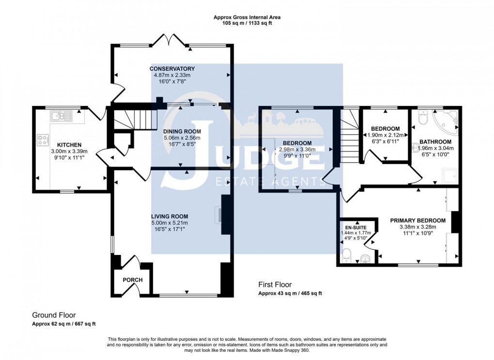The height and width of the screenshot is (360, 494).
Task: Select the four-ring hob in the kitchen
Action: tap(43, 140)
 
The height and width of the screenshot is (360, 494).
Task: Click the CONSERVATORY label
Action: tap(172, 69)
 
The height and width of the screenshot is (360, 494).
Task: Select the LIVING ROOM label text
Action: tap(169, 216)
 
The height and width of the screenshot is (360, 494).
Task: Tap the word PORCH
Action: tap(133, 280)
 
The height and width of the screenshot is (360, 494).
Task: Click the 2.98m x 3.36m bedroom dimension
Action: tap(297, 150)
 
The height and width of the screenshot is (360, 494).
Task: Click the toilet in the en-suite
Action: tap(346, 255)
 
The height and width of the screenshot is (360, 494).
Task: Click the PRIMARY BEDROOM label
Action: tap(417, 220)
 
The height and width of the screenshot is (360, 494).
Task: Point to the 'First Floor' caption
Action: tap(275, 285)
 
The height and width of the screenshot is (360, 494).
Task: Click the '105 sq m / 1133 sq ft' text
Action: tap(247, 23)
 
